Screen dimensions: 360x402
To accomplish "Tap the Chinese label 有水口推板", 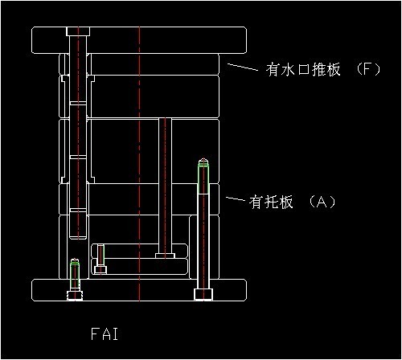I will (298, 70).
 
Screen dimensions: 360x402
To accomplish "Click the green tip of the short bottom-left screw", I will (75, 263).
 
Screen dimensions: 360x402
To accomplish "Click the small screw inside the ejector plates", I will (100, 259).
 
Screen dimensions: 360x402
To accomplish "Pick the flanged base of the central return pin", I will (165, 256).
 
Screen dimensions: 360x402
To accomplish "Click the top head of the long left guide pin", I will (78, 31).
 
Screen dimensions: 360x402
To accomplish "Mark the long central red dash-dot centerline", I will (140, 161).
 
